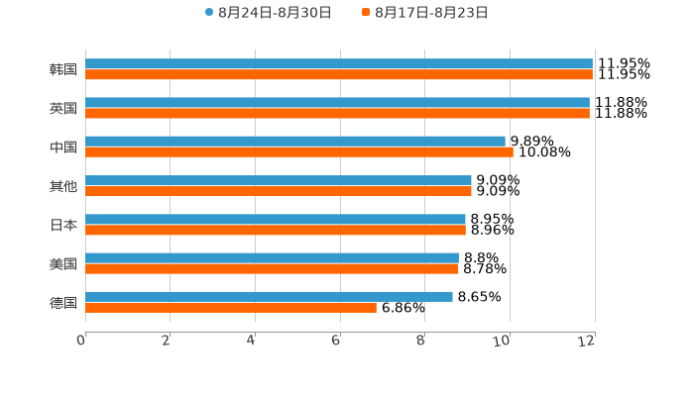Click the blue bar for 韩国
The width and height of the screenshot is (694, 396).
point(339,63)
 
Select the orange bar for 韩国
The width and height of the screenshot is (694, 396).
point(339,74)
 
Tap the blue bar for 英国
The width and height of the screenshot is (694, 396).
point(337,102)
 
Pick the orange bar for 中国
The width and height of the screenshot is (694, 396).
point(299,152)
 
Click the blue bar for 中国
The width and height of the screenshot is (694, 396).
point(295,142)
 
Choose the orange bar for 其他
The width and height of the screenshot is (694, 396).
point(279,191)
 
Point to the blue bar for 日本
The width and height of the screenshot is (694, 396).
point(276,219)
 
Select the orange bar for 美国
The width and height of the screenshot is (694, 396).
point(272,268)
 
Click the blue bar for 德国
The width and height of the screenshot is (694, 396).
point(269,296)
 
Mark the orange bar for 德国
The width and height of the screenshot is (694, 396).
point(231,307)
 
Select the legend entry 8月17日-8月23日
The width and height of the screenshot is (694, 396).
point(431,12)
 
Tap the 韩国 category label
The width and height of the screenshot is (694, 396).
point(62,69)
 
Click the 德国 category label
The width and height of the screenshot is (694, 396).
point(62,302)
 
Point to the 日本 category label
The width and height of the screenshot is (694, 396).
point(62,225)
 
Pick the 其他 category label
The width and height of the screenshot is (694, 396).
point(62,186)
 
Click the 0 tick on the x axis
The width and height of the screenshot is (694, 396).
point(81,341)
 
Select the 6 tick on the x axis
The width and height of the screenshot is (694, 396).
point(336,341)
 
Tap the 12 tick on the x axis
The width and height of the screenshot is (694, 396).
point(588,341)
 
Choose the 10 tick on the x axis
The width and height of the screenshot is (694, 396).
point(504,341)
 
